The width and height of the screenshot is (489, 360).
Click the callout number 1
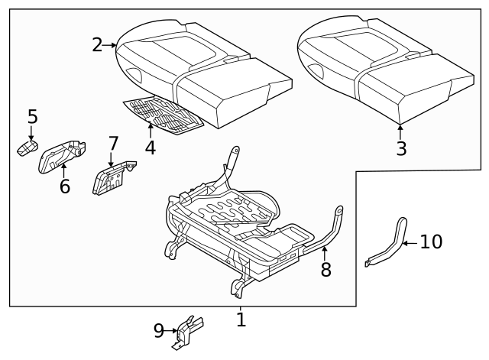click(x=241, y=319)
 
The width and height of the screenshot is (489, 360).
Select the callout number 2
click(x=96, y=45)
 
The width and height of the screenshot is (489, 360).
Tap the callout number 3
click(x=401, y=148)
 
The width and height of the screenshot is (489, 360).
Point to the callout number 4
click(x=151, y=148)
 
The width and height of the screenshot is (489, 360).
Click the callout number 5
click(x=32, y=117)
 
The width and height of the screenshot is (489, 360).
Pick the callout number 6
click(x=64, y=186)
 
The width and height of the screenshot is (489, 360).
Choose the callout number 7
click(x=113, y=144)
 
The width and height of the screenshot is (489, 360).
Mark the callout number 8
click(x=326, y=269)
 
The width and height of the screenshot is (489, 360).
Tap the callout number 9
click(x=159, y=330)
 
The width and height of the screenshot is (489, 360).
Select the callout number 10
click(x=431, y=242)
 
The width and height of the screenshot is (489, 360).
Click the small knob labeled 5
click(x=27, y=148)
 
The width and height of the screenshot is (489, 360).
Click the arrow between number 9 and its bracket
click(x=172, y=331)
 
